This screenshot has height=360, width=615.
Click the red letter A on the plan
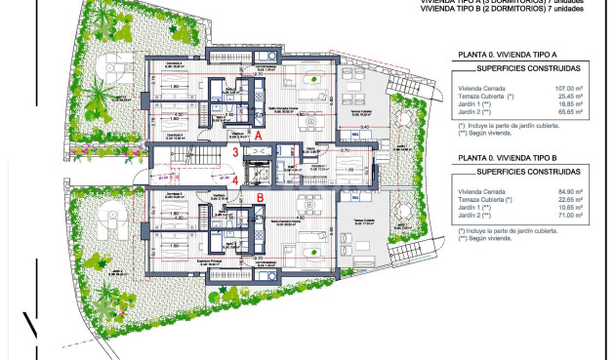point(258,137)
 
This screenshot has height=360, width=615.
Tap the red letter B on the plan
point(260,198)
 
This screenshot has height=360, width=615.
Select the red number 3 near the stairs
point(235,153)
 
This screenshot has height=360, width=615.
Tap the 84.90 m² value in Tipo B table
point(566,192)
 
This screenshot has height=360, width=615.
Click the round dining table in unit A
point(314,80)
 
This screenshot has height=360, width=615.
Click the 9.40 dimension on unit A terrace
point(363,127)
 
